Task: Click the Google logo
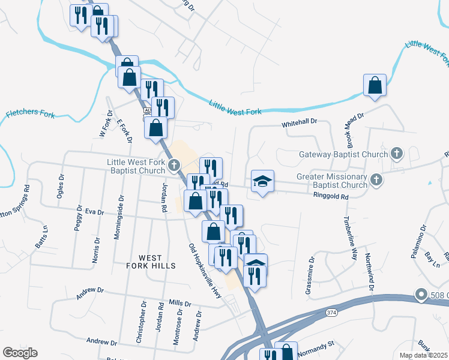coord(20,353)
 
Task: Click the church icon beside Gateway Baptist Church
coord(396,154)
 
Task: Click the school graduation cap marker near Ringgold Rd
coord(262,181)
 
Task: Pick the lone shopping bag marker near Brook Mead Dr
coord(375,85)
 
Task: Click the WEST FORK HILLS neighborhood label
coord(151,261)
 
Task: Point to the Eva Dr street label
coord(94,212)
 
